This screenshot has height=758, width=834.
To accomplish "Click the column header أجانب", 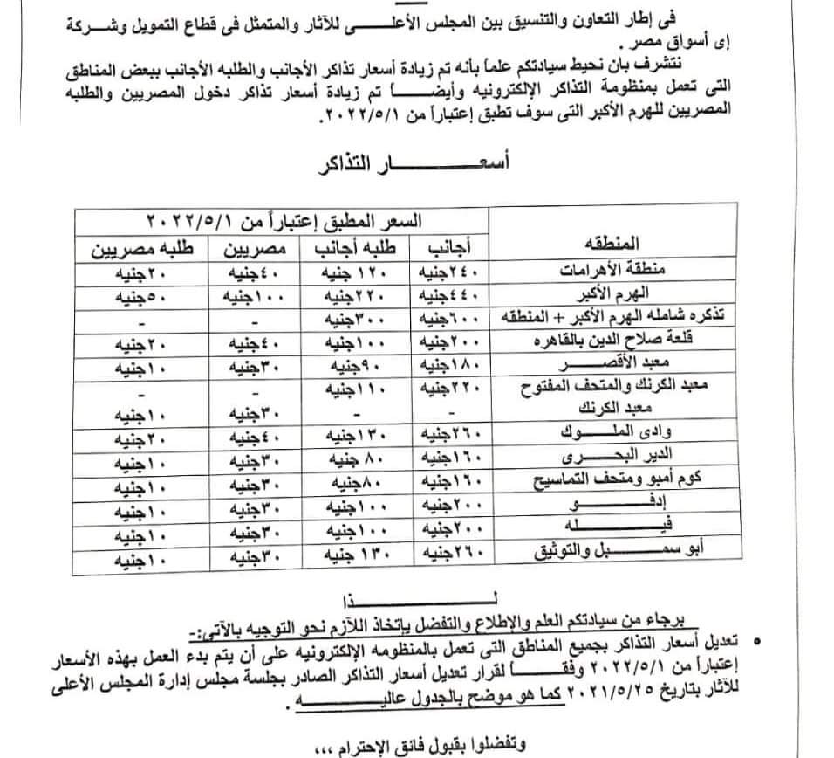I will (451, 247).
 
